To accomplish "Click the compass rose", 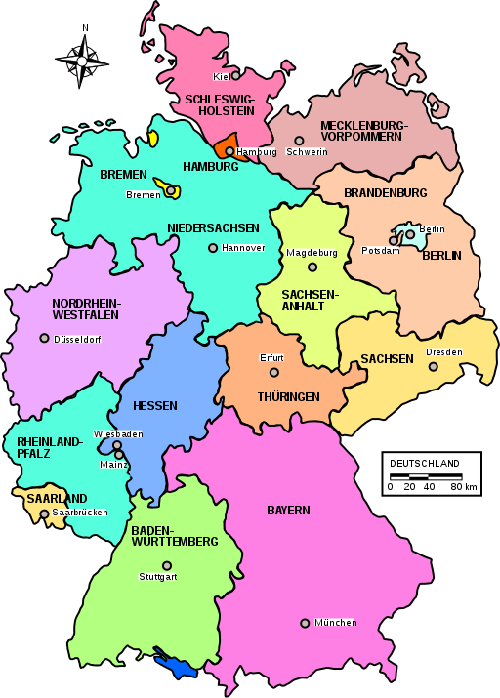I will [x=82, y=60].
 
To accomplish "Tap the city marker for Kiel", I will [x=235, y=74].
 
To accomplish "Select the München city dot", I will [x=305, y=623].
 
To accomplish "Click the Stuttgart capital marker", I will [x=167, y=565].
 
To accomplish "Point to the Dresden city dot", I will [x=434, y=367].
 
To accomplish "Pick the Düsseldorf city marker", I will [x=44, y=338].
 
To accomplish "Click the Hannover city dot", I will [x=213, y=247].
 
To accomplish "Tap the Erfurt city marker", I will [x=274, y=372].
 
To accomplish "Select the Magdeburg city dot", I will [x=312, y=267].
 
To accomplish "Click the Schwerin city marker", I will [x=299, y=141].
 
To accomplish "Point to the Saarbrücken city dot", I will [x=44, y=513].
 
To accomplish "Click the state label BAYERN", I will [x=288, y=510].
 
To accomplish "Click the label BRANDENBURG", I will [x=385, y=192].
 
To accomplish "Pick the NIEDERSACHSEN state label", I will [x=213, y=228].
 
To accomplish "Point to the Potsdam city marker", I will [x=394, y=240].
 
